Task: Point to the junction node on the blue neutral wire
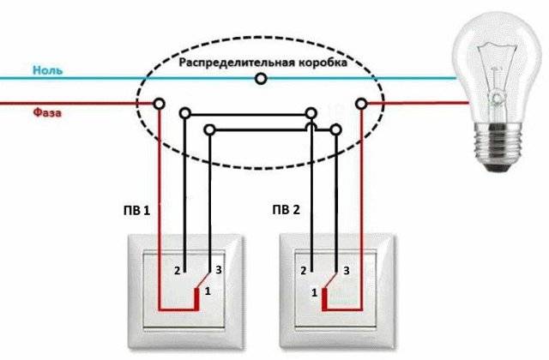pos(261,79)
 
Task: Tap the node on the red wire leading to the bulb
pos(361,103)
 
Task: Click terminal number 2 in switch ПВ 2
pos(304,271)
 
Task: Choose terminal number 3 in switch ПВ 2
pos(347,271)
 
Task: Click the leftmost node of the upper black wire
pos(184,111)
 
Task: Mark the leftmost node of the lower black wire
pos(208,129)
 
